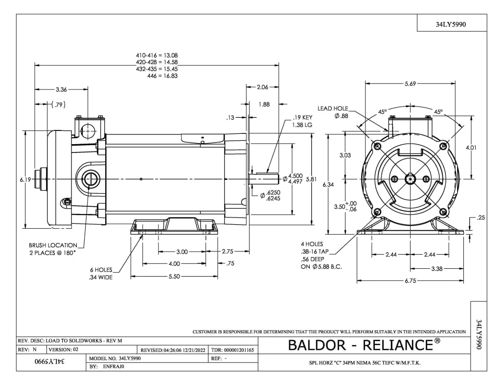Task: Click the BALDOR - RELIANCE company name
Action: click(x=361, y=345)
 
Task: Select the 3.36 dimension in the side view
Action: click(x=61, y=89)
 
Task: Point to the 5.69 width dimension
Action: click(x=410, y=84)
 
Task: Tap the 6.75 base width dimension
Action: click(x=410, y=281)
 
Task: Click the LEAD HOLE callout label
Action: click(x=333, y=108)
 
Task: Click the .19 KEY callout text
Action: click(x=302, y=118)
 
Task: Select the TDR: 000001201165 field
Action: click(x=232, y=350)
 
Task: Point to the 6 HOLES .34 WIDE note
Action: click(x=101, y=274)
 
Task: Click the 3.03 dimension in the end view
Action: click(x=345, y=155)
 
